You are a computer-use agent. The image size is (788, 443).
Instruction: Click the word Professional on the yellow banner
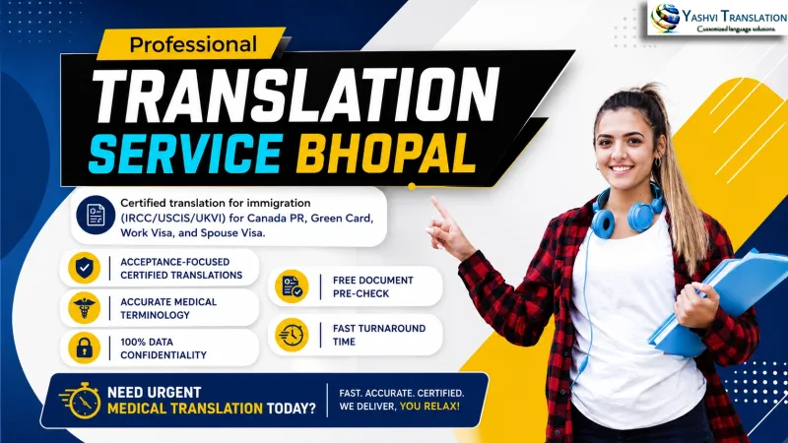(193, 44)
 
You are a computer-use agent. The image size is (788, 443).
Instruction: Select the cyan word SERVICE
(185, 154)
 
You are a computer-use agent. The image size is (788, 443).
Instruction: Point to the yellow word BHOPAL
(385, 154)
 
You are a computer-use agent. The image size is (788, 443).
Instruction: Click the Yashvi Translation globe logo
(666, 18)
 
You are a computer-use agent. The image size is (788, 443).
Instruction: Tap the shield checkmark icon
(84, 268)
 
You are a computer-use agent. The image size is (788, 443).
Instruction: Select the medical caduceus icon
(84, 308)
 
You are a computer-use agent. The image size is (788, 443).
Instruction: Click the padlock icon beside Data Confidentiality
(84, 348)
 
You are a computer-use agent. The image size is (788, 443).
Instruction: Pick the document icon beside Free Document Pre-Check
(292, 286)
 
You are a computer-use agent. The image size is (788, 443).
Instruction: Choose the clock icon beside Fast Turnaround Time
(292, 335)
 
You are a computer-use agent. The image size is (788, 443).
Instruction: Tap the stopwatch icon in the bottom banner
(81, 401)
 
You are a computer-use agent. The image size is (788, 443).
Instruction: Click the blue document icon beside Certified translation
(96, 215)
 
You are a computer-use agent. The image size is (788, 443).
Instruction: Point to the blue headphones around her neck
(626, 213)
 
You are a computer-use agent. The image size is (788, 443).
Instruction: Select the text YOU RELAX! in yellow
(429, 407)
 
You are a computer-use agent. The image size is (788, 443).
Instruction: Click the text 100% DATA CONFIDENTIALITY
(164, 348)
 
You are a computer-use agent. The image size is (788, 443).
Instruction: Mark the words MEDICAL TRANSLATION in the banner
(185, 409)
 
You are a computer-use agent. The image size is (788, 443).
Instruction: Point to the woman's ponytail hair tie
(652, 91)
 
